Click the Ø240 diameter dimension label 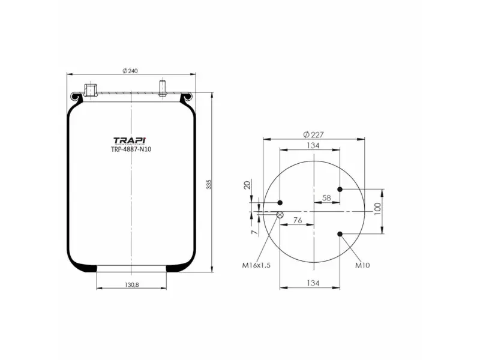tap(130, 71)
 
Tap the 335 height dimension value tap(209, 184)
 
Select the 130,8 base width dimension tap(131, 284)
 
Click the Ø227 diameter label tap(313, 134)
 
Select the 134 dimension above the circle tap(313, 146)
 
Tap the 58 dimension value tap(326, 197)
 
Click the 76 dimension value tap(297, 220)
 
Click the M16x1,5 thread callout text tap(256, 265)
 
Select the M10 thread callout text tap(362, 265)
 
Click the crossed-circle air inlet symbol tap(280, 214)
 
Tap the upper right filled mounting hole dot tap(340, 190)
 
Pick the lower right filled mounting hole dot tap(340, 234)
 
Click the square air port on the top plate tap(91, 91)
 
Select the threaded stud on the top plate tap(162, 88)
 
